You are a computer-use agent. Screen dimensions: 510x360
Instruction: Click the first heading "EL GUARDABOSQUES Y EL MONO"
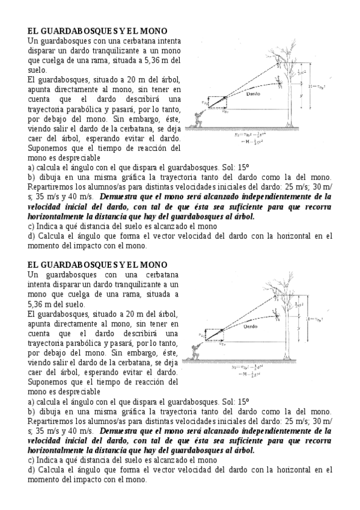click(x=97, y=31)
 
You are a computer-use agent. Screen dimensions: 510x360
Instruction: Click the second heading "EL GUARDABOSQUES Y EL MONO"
click(x=97, y=265)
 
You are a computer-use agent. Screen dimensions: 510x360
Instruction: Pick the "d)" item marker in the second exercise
click(x=32, y=469)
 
